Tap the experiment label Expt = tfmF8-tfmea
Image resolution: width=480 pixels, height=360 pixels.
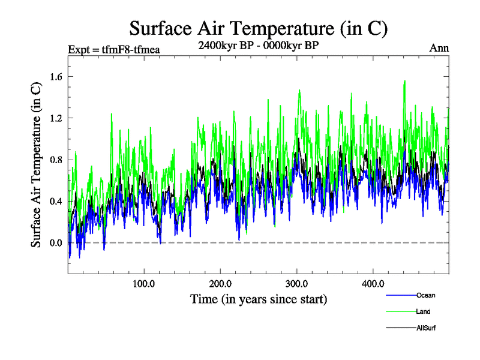tap(114, 49)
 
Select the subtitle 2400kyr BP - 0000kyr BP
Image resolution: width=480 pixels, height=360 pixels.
tap(258, 44)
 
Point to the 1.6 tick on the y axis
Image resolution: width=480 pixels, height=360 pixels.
tap(56, 76)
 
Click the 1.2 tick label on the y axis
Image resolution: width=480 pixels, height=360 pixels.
tap(56, 118)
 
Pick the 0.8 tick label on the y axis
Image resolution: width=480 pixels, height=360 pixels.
tap(56, 160)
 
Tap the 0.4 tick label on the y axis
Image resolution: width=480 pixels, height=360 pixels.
tap(56, 201)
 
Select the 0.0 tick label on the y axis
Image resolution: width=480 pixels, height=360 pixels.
tap(56, 243)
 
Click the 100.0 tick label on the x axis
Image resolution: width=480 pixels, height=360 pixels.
tap(144, 283)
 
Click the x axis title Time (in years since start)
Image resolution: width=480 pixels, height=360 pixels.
tap(259, 299)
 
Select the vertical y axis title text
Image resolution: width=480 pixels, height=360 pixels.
tap(36, 164)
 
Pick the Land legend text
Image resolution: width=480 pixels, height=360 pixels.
tap(423, 311)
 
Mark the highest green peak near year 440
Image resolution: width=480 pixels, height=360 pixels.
tap(405, 81)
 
